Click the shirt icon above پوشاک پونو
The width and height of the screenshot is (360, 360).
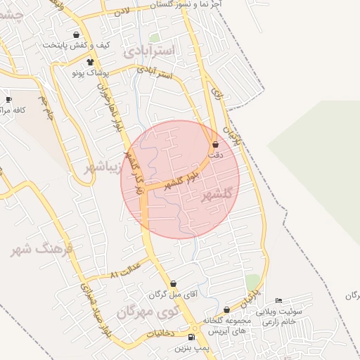90,62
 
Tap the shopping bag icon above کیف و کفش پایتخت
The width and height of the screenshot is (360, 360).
76,34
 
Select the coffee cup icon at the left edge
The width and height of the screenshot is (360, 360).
8,100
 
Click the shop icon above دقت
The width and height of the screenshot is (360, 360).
215,145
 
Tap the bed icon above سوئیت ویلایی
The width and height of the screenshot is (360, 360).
278,301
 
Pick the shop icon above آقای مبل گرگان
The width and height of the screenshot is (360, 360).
174,283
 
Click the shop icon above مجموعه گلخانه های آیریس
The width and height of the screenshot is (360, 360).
226,309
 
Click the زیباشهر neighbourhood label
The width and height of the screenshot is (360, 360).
102,169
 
